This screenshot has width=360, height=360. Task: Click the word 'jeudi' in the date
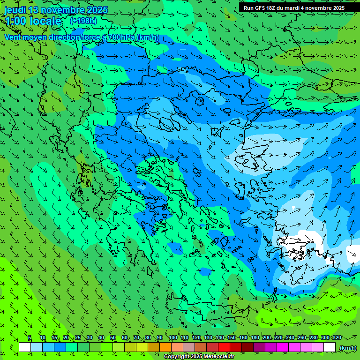click(x=15, y=10)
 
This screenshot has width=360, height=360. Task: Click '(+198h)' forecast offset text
click(x=83, y=21)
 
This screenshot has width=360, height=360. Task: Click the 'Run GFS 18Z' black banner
click(x=294, y=8)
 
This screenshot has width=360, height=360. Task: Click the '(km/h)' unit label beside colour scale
click(x=347, y=348)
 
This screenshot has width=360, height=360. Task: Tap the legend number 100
click(x=172, y=338)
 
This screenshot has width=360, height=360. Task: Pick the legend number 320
click(x=337, y=338)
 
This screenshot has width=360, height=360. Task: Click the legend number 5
click(x=29, y=338)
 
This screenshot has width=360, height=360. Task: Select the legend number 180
click(x=255, y=338)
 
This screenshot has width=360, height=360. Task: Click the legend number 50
click(x=113, y=338)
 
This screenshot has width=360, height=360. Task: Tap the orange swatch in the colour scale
click(x=165, y=347)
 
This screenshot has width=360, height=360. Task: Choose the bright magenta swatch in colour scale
click(x=283, y=347)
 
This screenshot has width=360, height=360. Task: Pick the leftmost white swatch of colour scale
click(x=25, y=347)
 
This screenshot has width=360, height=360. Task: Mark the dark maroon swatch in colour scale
click(x=247, y=347)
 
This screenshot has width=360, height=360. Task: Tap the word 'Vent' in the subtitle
click(x=13, y=37)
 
